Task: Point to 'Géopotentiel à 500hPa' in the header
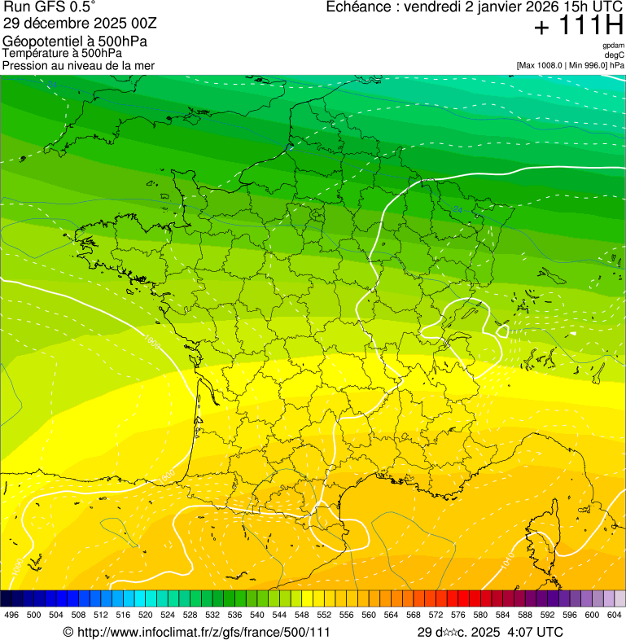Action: click(75, 42)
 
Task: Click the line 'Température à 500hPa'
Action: click(63, 54)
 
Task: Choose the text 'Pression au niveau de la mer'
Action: click(78, 65)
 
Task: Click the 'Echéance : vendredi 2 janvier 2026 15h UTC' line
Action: click(475, 7)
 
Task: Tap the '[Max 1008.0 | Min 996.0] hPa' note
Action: click(570, 65)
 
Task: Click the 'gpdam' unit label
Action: click(613, 46)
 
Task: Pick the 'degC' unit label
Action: click(615, 55)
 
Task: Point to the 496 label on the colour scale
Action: click(11, 616)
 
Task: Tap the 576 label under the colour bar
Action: click(458, 616)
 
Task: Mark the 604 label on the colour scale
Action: click(615, 616)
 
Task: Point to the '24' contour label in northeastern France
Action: click(458, 211)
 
